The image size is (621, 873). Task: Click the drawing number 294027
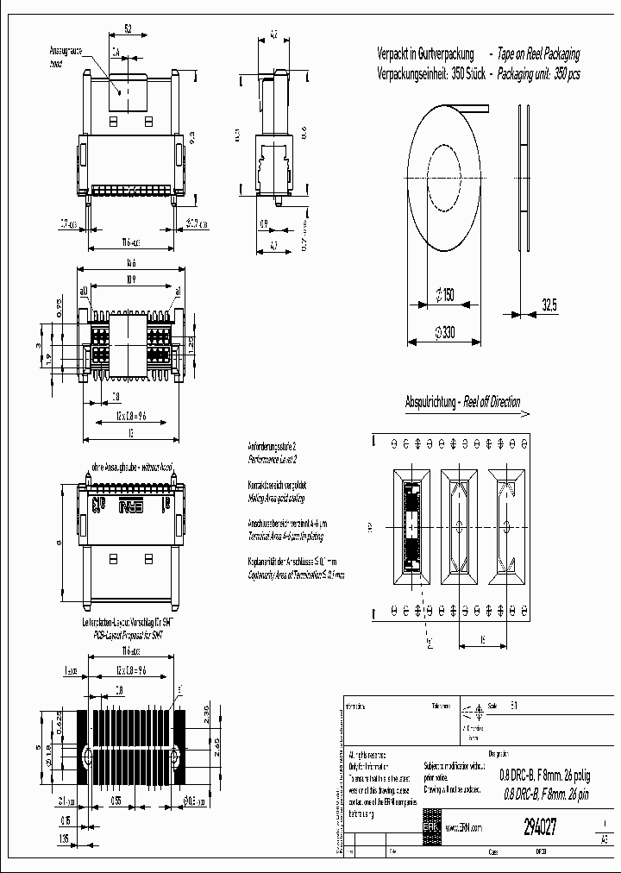coord(540,826)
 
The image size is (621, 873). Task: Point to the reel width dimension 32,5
coord(549,305)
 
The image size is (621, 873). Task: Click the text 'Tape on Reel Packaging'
coord(536,53)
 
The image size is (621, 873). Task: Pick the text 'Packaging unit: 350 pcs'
coord(535,74)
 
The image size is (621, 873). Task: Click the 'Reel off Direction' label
coord(492,402)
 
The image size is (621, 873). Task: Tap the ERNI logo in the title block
coord(430,826)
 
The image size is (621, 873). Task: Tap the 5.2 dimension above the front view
coord(128,30)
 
